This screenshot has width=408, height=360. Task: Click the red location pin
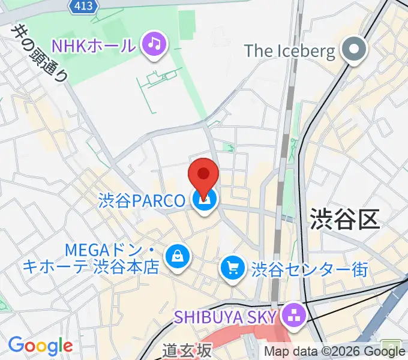pos(203,176)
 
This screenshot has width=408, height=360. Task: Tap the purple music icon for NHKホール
pos(154,44)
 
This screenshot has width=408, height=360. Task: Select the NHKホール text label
pos(94,44)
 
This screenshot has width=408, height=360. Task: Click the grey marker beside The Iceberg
pos(354,50)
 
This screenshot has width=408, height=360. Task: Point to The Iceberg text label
pos(289,51)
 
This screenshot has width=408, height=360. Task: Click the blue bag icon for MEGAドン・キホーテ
pos(178,257)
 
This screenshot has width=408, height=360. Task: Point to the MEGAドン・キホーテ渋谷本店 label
pos(90,257)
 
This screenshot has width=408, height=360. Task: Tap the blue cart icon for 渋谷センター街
pos(232,268)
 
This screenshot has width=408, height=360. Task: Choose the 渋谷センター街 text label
pos(310,269)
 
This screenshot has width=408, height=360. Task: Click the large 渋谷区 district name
pos(344,219)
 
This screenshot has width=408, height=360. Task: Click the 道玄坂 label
pos(187,350)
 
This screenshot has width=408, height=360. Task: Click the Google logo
pos(40,346)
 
